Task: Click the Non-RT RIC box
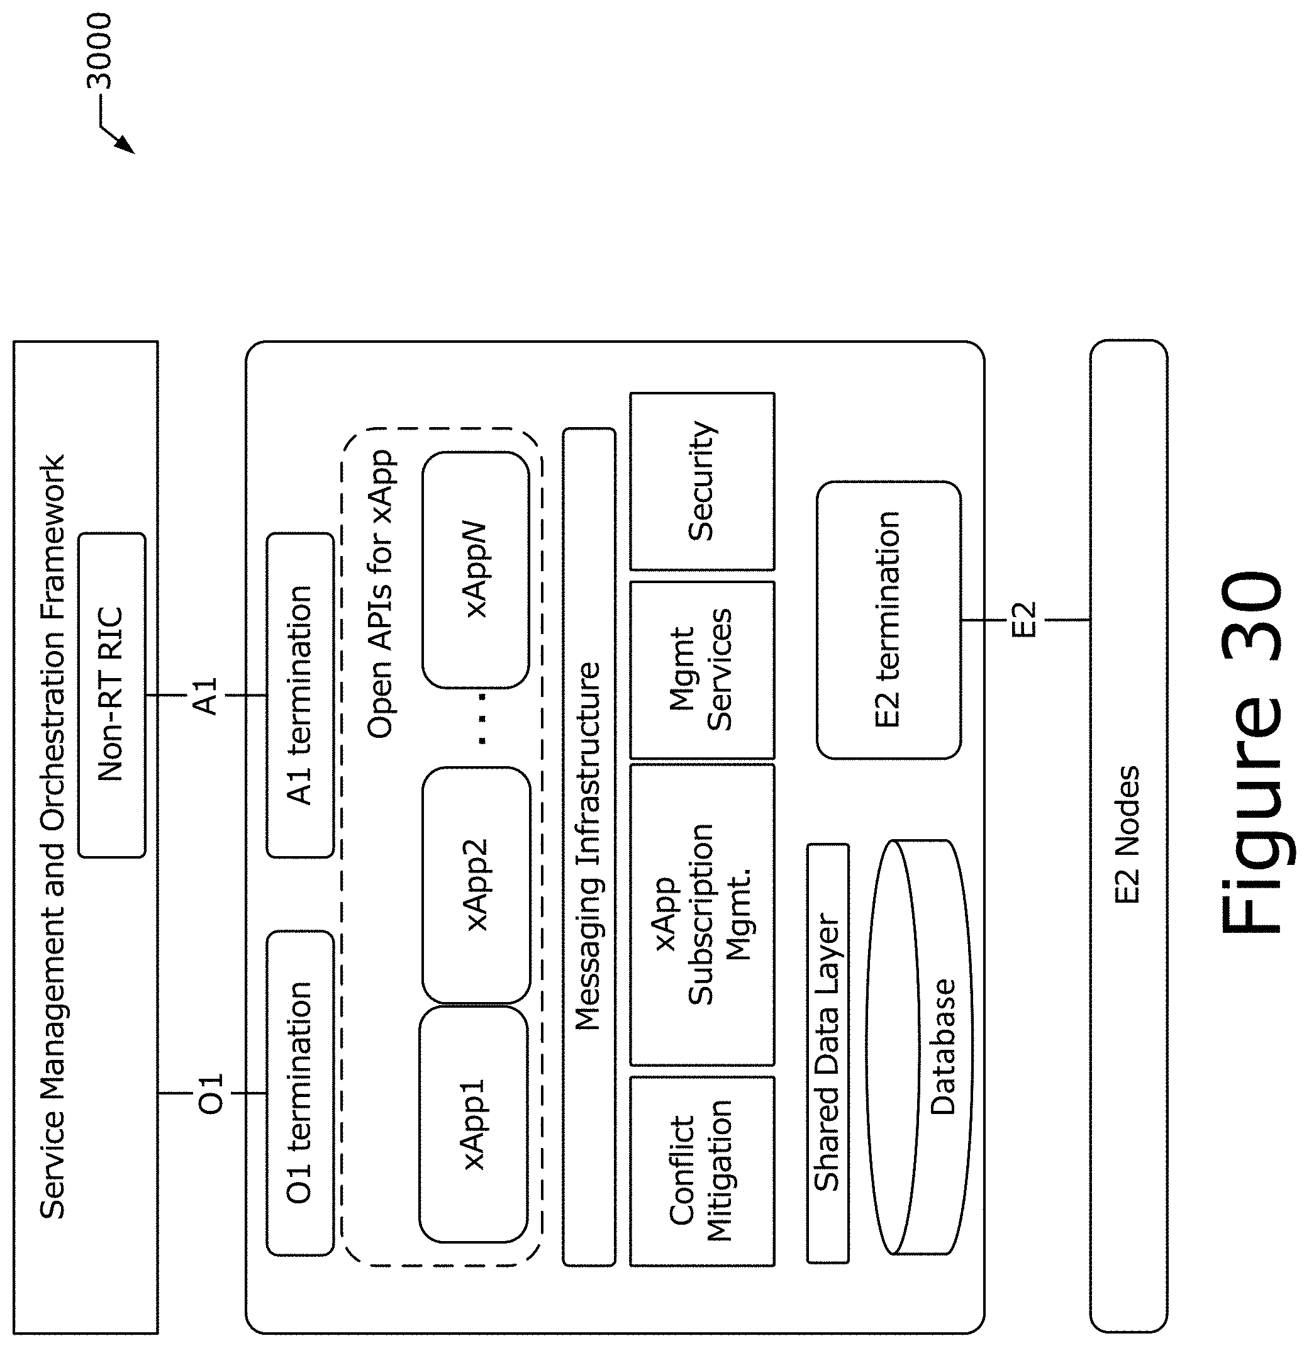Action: [111, 694]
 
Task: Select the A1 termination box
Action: [300, 694]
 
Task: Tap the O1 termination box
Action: [300, 1093]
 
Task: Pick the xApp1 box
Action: [474, 1124]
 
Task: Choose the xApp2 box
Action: [476, 884]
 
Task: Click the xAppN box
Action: [476, 570]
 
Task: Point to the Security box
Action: [701, 481]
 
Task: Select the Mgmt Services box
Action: [701, 670]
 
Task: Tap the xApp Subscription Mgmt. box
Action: [701, 915]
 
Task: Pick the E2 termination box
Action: [888, 620]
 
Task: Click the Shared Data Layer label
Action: [828, 1053]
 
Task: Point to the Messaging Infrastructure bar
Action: [589, 847]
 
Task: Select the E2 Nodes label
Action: [1127, 835]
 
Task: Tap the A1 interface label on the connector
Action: [206, 696]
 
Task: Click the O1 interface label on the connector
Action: [211, 1093]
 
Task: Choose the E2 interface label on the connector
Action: [1023, 620]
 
